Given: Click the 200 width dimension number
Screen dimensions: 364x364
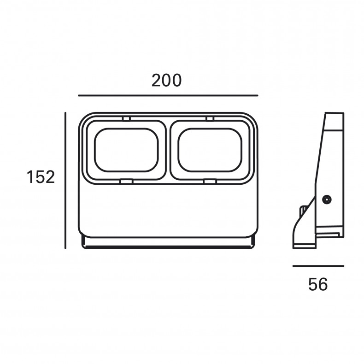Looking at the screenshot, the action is pos(166,80).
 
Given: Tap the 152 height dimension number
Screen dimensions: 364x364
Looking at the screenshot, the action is pos(41,176).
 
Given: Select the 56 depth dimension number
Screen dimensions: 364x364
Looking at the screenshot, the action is pos(318,284).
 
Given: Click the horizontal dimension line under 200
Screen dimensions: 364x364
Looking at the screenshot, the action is pos(168,95).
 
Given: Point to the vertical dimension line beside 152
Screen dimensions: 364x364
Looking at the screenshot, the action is pos(65,181).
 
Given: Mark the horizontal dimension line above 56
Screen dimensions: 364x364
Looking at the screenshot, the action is pos(318,266).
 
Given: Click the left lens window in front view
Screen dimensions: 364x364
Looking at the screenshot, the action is pos(127,150).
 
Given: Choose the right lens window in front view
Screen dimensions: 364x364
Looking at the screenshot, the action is pos(210,150).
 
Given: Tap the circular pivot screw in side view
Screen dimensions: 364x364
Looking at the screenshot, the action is pos(327,200).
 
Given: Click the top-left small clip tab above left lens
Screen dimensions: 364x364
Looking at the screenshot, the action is pos(127,118).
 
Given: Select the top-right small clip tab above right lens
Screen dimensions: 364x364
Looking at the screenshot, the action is pos(210,118).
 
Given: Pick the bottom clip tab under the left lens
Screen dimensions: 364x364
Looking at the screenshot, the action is pos(127,181).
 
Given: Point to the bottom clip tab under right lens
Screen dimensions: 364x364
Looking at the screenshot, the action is pos(210,181).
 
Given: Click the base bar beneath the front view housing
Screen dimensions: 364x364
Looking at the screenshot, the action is pos(168,243).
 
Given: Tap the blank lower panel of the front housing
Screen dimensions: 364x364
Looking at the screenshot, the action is pos(168,210).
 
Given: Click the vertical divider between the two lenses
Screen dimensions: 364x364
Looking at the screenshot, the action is pos(168,150).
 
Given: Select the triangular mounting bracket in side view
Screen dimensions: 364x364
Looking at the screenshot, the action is pos(304,223).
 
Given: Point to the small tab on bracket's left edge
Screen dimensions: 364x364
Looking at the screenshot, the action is pos(303,210).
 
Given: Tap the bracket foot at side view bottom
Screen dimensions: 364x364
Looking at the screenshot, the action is pos(305,246).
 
